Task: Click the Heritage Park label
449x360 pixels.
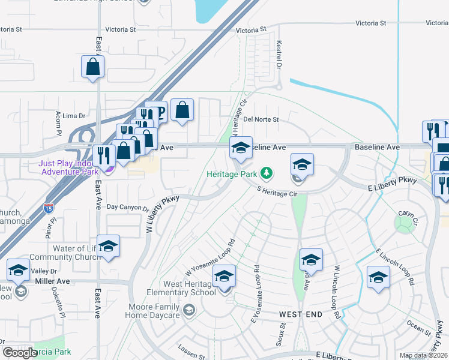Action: pyautogui.click(x=232, y=174)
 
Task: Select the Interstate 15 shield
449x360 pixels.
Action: pyautogui.click(x=49, y=208)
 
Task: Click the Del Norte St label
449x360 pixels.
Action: pyautogui.click(x=261, y=119)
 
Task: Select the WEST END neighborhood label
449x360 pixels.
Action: pyautogui.click(x=300, y=314)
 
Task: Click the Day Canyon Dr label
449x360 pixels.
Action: pyautogui.click(x=127, y=208)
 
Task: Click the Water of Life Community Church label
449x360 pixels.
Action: pyautogui.click(x=62, y=253)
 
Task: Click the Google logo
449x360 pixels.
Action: pyautogui.click(x=20, y=352)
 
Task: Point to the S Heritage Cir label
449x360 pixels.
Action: pyautogui.click(x=277, y=194)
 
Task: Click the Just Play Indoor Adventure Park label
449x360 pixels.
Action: pyautogui.click(x=68, y=167)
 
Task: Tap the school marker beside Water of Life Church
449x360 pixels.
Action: pyautogui.click(x=108, y=247)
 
